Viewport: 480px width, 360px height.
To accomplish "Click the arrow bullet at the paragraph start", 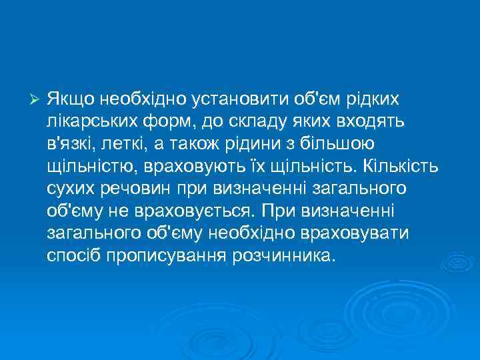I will pyautogui.click(x=37, y=99).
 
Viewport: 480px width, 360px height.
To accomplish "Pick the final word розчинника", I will pyautogui.click(x=281, y=256).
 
